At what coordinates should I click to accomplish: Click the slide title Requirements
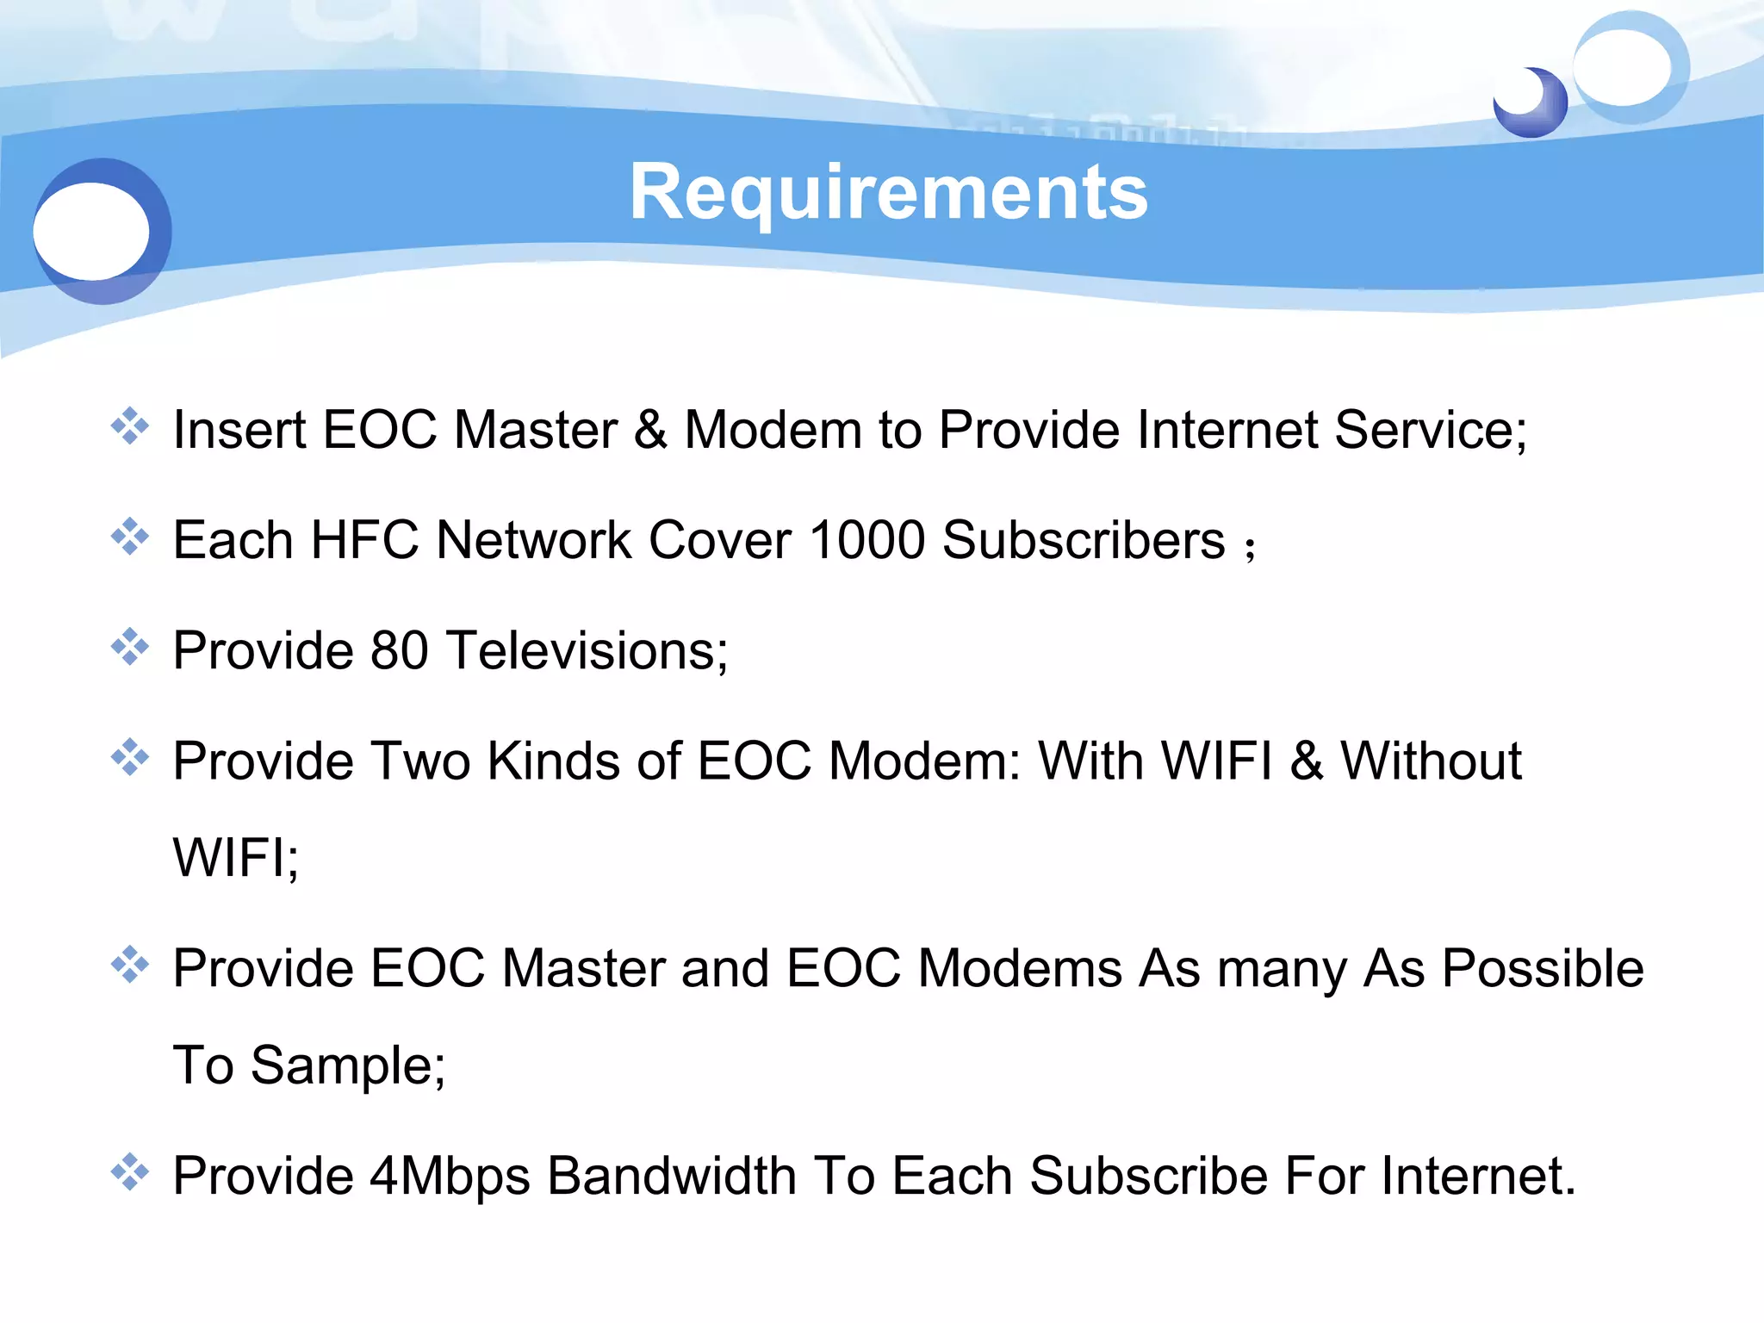(888, 193)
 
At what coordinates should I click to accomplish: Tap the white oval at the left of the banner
(91, 231)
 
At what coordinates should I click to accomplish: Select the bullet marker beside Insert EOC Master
(130, 426)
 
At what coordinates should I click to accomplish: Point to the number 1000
(867, 540)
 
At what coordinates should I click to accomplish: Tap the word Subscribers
(1084, 540)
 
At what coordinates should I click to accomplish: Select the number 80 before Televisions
(399, 650)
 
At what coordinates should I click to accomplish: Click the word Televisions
(587, 650)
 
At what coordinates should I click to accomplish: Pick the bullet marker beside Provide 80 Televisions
(130, 647)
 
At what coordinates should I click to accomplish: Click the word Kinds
(553, 761)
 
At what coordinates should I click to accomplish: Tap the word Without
(1431, 761)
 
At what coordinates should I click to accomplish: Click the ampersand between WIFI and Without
(1307, 761)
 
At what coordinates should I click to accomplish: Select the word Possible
(1543, 968)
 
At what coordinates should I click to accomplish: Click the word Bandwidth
(672, 1177)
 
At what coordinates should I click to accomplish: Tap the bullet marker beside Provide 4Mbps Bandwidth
(130, 1172)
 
